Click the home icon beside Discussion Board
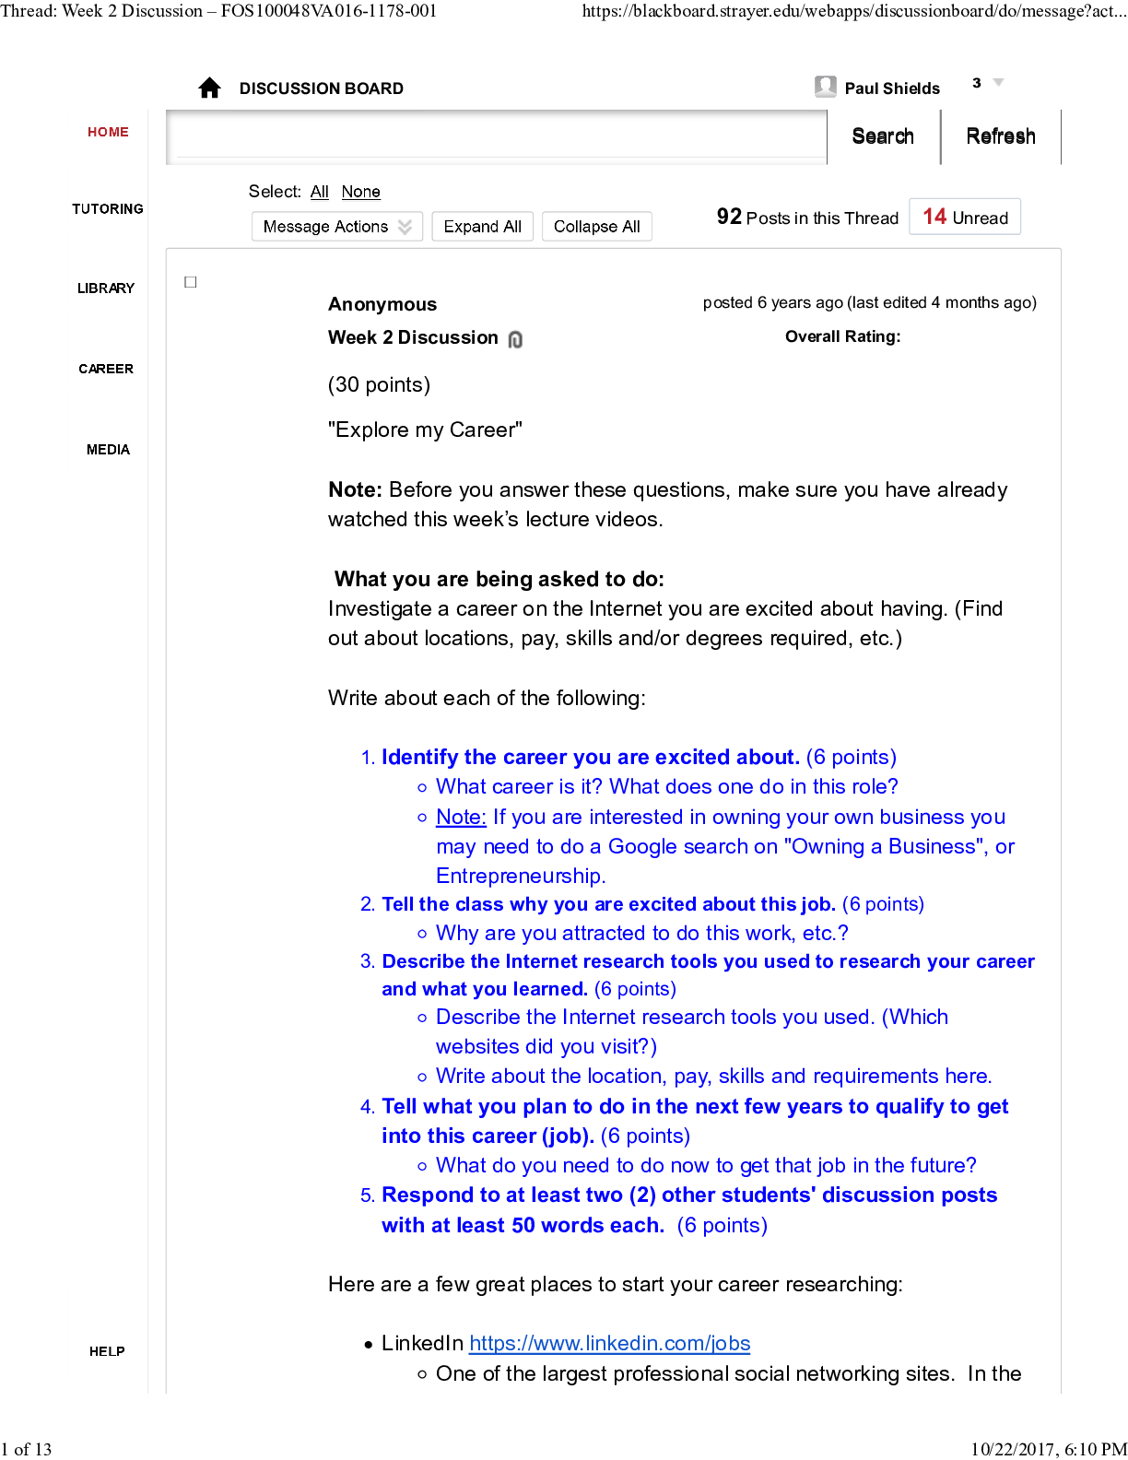click(209, 88)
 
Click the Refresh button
click(1000, 136)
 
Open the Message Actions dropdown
click(336, 227)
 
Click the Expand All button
click(482, 227)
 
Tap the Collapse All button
click(596, 227)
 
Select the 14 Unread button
click(964, 218)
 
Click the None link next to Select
click(360, 192)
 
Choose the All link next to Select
click(319, 192)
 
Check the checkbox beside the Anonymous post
click(191, 282)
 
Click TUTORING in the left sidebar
click(108, 209)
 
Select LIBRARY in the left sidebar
click(106, 288)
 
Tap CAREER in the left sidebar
click(106, 369)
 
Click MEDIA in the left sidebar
click(108, 450)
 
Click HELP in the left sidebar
click(107, 1351)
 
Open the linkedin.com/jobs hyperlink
click(609, 1344)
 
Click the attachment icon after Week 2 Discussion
click(515, 339)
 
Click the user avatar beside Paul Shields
click(825, 87)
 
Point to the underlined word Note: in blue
click(461, 818)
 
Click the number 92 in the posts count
click(729, 217)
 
